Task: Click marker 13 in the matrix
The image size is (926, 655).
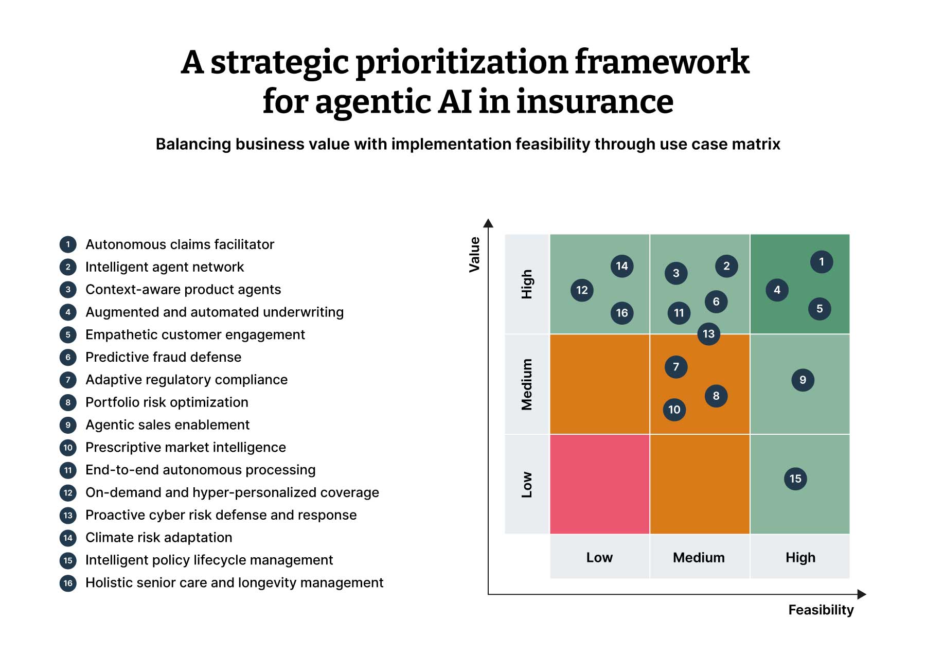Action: tap(708, 334)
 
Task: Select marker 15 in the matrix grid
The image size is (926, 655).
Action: tap(795, 479)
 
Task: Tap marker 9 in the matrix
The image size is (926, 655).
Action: tap(803, 380)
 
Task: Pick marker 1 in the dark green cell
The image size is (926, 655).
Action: tap(821, 262)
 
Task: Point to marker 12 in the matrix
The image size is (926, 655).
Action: tap(582, 290)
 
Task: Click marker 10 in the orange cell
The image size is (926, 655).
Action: tap(674, 410)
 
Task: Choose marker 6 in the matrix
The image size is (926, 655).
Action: tap(716, 302)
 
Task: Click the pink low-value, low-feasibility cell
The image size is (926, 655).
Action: tap(599, 484)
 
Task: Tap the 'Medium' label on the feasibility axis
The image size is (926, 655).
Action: tap(699, 558)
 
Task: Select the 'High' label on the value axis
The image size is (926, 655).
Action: tap(527, 284)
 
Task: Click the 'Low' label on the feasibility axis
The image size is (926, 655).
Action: tap(599, 558)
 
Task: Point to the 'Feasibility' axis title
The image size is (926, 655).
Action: tap(821, 610)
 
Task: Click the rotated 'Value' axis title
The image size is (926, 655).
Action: tap(474, 254)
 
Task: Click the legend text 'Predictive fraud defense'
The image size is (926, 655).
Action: tap(163, 357)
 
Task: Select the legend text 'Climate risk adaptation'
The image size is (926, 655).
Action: tap(158, 538)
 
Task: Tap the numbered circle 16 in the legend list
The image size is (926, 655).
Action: tap(68, 583)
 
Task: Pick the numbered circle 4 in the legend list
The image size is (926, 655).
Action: tap(68, 312)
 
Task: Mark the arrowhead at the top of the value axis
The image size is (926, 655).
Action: tap(488, 223)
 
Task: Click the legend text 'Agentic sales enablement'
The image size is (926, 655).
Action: tap(167, 425)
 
